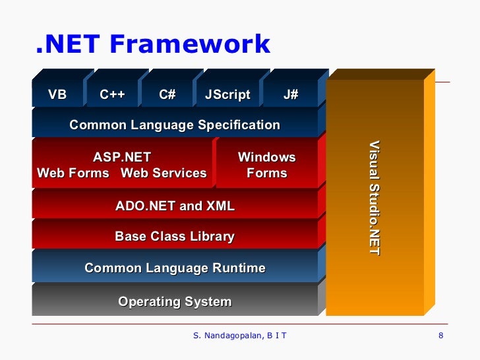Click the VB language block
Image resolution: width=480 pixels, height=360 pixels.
coord(57,95)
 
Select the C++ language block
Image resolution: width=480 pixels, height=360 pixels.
coord(112,95)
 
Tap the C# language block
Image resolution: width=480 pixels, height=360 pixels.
coord(167,95)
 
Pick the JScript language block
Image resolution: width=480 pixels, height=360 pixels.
coord(227,95)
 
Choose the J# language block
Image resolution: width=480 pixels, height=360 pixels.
coord(291,95)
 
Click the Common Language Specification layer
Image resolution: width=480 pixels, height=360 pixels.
coord(175,125)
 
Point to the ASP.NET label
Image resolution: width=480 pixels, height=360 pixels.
coord(122,158)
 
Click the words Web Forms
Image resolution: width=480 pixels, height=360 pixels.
coord(73,173)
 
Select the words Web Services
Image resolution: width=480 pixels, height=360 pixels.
coord(164,173)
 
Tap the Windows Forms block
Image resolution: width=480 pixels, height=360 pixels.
coord(266,165)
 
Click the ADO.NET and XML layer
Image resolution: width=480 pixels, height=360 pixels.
coord(175,206)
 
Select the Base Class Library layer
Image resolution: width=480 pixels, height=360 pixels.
coord(175,237)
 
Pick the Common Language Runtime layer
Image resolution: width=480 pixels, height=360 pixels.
coord(175,268)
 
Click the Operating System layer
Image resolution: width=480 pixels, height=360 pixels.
coord(175,302)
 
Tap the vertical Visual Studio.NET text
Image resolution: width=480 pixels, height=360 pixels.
coord(375,198)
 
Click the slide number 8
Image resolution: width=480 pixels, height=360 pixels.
coord(440,337)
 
